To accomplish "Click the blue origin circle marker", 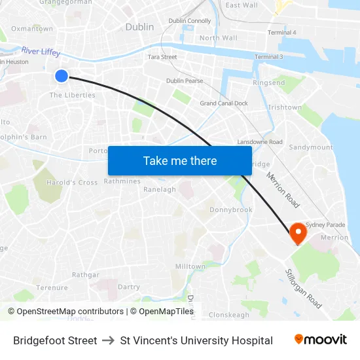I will [61, 76].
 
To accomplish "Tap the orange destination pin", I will [298, 232].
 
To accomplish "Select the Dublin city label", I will [139, 27].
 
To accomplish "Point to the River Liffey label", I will [41, 51].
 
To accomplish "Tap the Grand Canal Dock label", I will [224, 103].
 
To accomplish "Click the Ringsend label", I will [269, 83].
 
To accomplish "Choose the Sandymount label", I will [311, 147].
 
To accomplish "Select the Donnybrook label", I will [230, 210].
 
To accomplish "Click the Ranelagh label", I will [160, 190].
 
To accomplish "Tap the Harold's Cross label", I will [72, 183].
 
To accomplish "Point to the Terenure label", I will [52, 287].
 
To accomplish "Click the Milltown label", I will [190, 266].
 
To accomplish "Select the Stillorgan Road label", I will [303, 289].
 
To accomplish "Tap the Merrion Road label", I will [283, 190].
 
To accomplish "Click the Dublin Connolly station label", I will [190, 21].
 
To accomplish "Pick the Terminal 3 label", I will [268, 57].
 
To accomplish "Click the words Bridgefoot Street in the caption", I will [55, 340].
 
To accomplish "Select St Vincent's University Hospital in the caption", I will [196, 340].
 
